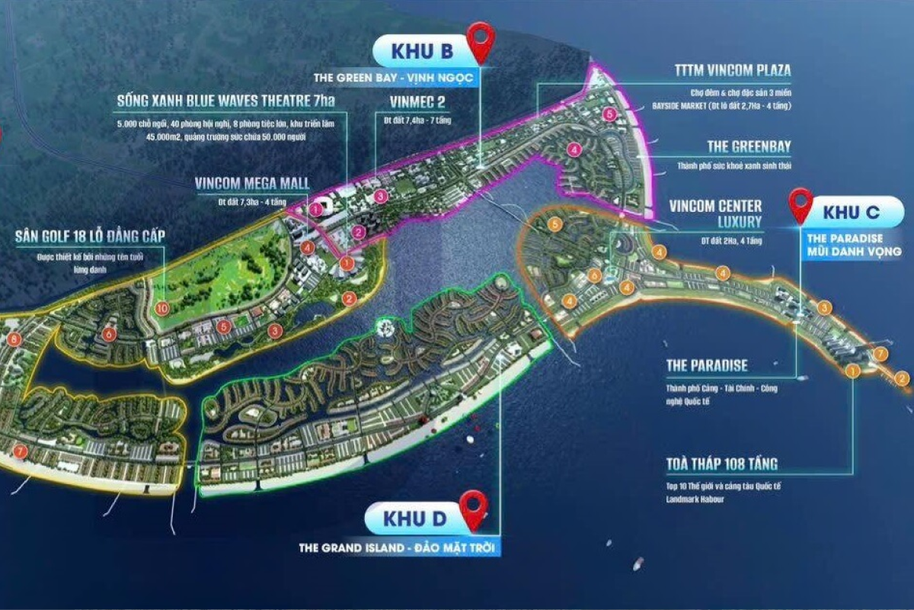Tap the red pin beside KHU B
coord(481,41)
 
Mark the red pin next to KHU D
coord(474,509)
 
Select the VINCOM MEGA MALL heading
coord(251,184)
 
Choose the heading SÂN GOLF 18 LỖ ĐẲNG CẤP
coord(90,235)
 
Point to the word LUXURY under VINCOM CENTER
coord(739,222)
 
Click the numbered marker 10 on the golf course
coord(161,308)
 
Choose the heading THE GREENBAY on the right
coord(749,147)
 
